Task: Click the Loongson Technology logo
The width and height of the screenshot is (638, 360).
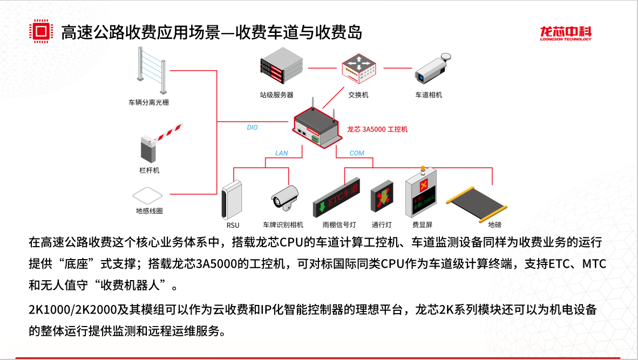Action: point(566,33)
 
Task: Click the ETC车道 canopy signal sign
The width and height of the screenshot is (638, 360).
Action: point(336,199)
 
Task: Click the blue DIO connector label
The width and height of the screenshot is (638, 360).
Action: point(252,128)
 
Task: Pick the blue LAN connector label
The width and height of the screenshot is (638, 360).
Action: point(281,153)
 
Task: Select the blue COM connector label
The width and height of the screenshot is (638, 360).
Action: point(357,153)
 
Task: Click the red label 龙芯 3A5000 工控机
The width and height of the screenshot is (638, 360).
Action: point(377,129)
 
